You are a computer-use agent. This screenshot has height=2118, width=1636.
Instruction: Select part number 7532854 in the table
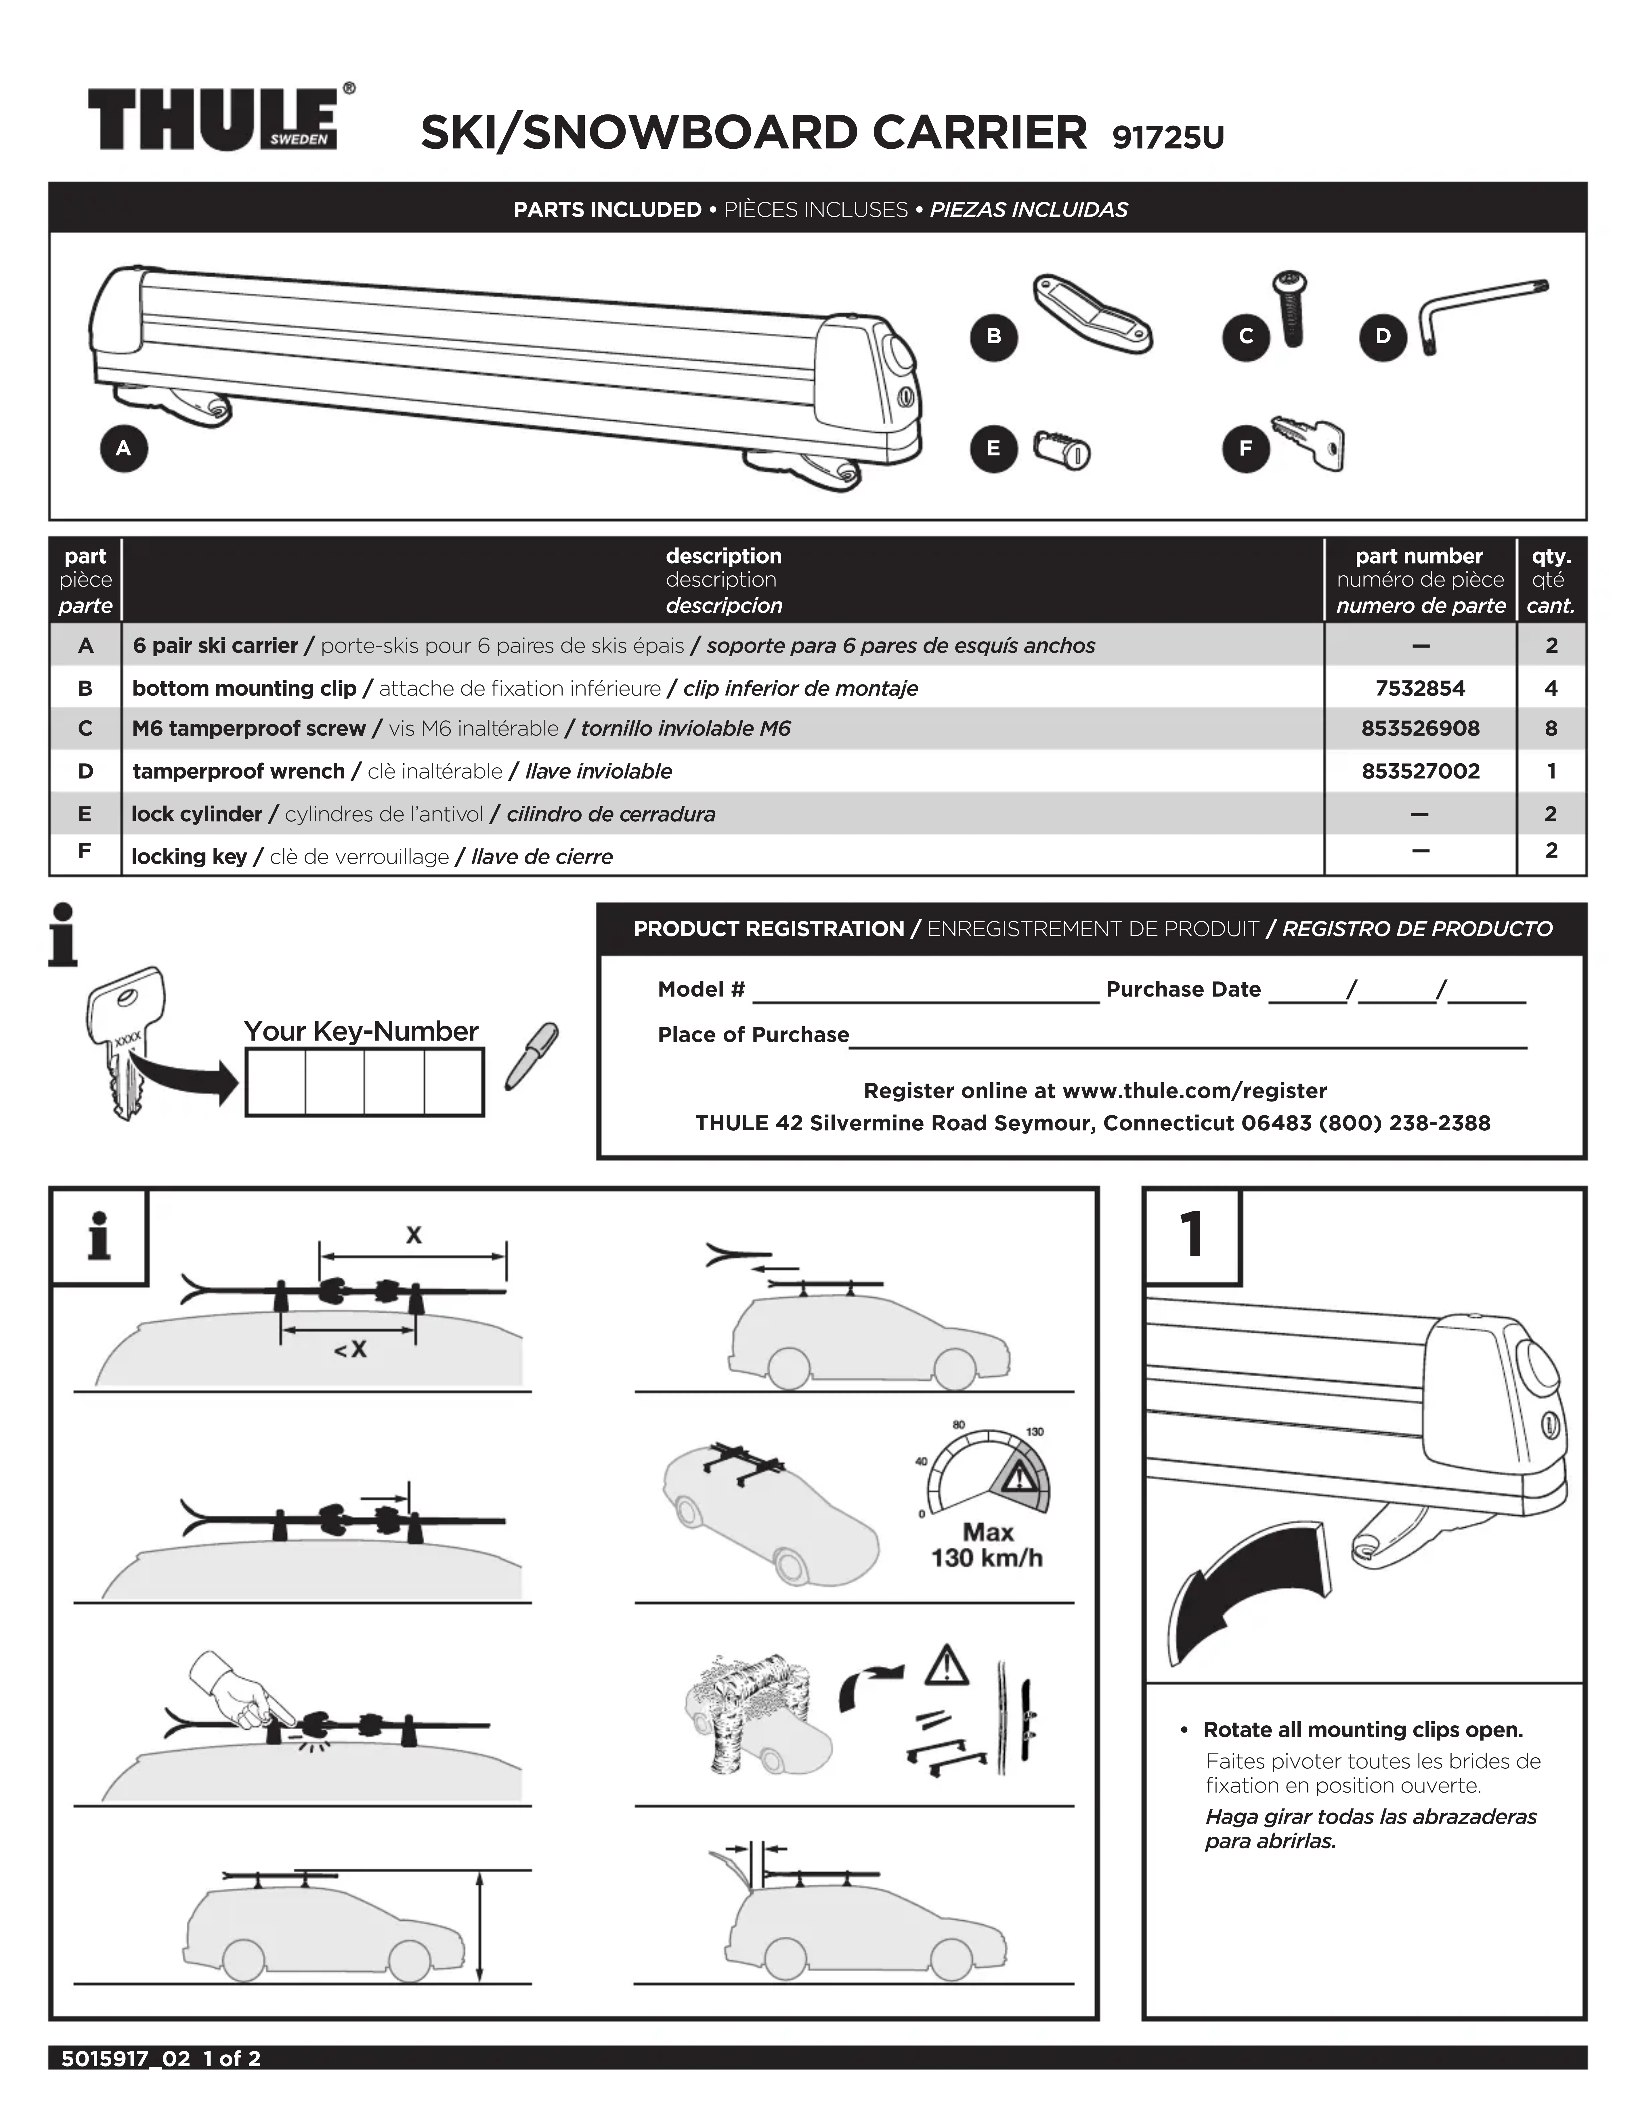[x=1420, y=688]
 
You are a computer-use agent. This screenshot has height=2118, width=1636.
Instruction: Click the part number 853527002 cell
[x=1420, y=772]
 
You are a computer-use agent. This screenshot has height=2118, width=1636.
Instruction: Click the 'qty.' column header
[x=1551, y=557]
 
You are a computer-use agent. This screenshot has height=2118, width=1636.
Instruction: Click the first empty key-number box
[x=276, y=1083]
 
